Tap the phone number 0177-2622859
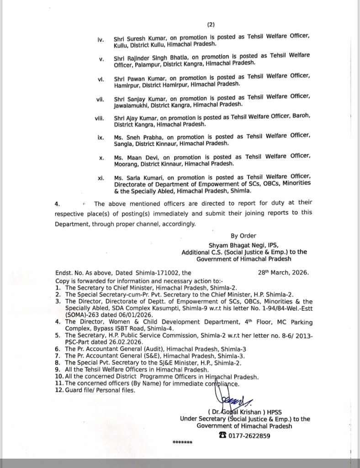pos(250,436)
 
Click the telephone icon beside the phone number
pos(223,436)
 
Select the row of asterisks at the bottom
pos(183,443)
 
